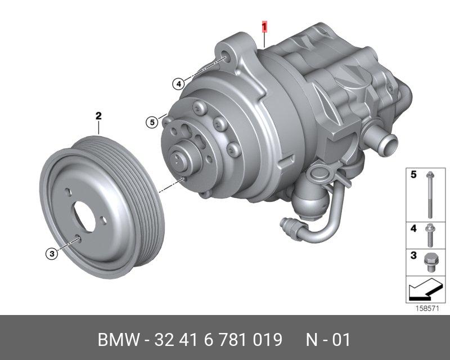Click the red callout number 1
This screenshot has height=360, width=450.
[x=264, y=26]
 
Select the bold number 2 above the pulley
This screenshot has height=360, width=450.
[x=98, y=116]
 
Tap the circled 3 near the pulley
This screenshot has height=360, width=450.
[x=52, y=254]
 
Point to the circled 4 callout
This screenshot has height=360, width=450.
[x=178, y=84]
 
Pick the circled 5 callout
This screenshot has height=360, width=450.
[x=152, y=122]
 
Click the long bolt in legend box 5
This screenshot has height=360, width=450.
[x=430, y=195]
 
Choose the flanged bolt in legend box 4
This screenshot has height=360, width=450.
[x=430, y=236]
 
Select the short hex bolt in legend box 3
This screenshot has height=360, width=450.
[x=430, y=262]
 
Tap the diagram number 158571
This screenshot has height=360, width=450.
[x=427, y=309]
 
